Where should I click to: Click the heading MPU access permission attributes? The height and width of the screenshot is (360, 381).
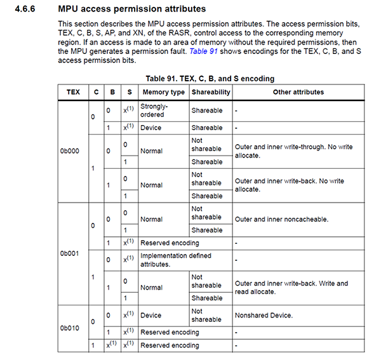click(x=131, y=10)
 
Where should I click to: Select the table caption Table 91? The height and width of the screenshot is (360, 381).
click(x=210, y=79)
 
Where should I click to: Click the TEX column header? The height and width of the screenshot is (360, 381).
click(x=74, y=92)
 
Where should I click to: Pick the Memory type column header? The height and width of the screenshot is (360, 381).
click(x=162, y=92)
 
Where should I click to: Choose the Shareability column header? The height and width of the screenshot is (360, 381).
click(x=211, y=92)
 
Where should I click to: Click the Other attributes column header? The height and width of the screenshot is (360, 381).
click(x=298, y=92)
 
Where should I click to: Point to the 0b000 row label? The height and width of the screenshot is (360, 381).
click(x=69, y=151)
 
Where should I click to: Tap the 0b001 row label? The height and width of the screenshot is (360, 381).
click(x=69, y=253)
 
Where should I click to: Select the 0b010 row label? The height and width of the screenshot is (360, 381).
click(x=69, y=328)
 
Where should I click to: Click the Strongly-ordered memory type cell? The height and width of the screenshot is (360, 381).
click(x=152, y=110)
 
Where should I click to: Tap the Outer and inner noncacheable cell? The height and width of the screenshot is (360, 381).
click(x=281, y=219)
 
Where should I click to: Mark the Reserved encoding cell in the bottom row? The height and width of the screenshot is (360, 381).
click(x=170, y=345)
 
